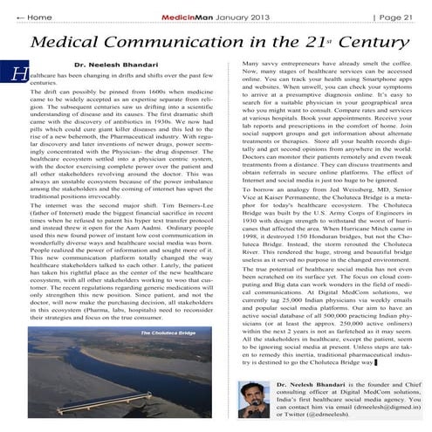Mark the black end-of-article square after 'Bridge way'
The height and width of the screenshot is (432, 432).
point(352,362)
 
